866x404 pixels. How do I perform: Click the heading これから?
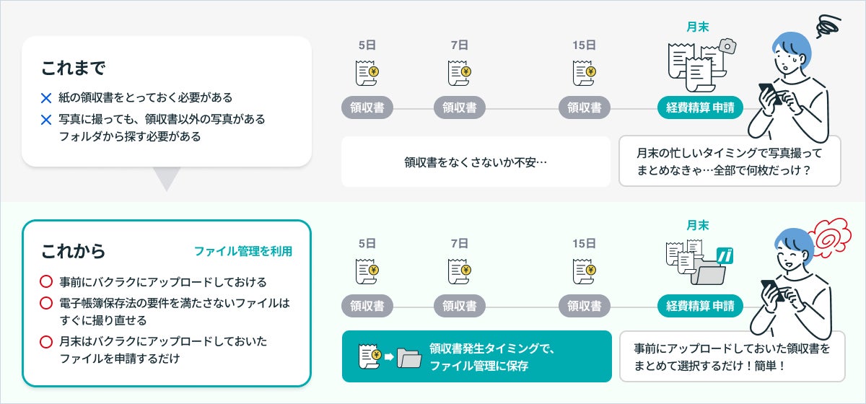point(73,251)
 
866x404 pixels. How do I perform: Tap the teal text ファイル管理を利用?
point(243,252)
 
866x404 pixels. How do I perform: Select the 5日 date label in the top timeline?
point(367,45)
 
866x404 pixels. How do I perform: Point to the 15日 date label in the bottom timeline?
point(585,244)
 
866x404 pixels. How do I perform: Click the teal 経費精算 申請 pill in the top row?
point(700,108)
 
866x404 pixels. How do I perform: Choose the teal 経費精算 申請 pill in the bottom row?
point(700,306)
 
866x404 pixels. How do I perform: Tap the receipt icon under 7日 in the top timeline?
point(460,73)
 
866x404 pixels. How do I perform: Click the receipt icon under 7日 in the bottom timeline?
point(460,271)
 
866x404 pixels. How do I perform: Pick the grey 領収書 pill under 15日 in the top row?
point(585,108)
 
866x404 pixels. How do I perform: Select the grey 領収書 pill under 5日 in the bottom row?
point(367,306)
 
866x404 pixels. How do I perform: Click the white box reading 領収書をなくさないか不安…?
point(476,162)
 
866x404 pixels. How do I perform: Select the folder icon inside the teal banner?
point(409,356)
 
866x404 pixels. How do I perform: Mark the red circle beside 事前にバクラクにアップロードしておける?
point(46,281)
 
